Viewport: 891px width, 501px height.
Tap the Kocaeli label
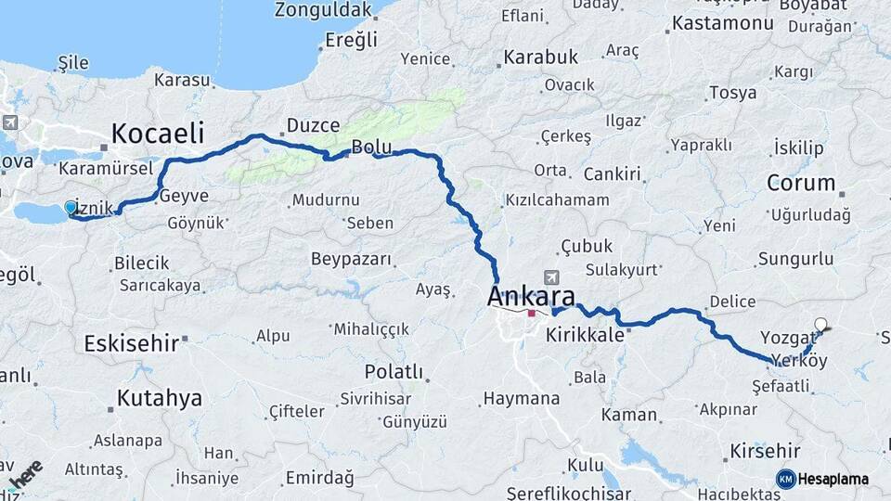[158, 133]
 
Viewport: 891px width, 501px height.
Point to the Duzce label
[314, 125]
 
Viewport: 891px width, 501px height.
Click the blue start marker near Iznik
[71, 207]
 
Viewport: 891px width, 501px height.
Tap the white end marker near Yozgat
[820, 325]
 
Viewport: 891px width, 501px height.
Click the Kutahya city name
[159, 399]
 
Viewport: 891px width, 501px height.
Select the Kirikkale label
[585, 336]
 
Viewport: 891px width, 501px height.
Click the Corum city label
[801, 183]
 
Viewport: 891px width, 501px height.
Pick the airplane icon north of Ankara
[553, 277]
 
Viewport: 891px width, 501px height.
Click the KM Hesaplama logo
[822, 479]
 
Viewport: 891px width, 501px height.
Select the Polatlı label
[394, 372]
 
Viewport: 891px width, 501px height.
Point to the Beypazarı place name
[351, 259]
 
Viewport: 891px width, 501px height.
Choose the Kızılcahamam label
[557, 200]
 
